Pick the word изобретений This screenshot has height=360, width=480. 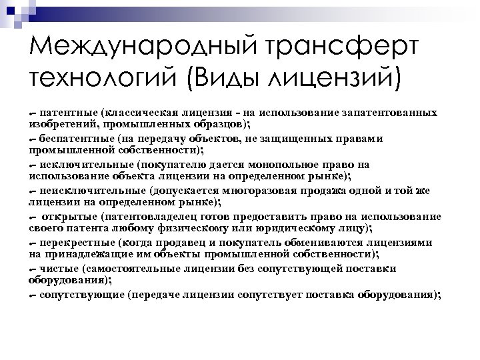click(x=59, y=124)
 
